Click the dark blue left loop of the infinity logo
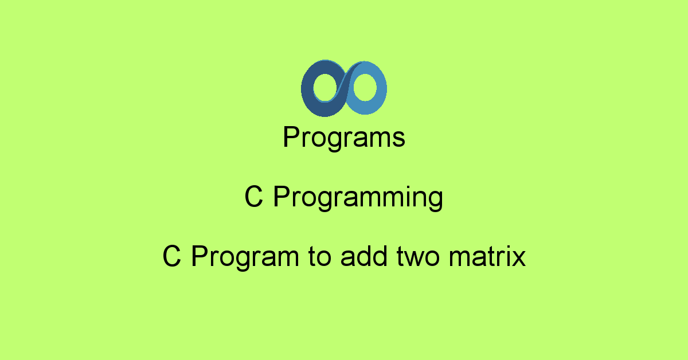point(307,89)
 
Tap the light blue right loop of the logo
point(381,88)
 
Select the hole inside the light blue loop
point(365,87)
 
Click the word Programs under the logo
point(344,138)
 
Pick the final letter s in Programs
point(398,140)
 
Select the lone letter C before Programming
point(253,196)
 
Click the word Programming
point(358,198)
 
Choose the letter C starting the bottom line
point(171,256)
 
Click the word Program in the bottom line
point(245,257)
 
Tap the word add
point(364,256)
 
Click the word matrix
point(487,256)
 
